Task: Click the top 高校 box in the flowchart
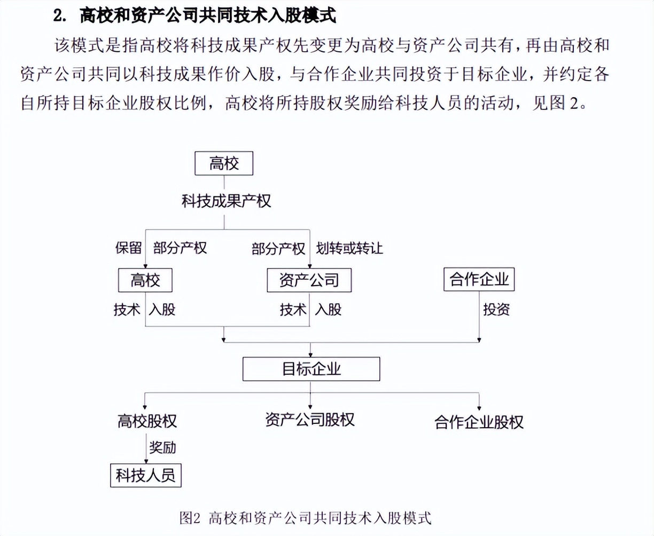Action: tap(224, 163)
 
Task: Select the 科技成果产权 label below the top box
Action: tap(226, 201)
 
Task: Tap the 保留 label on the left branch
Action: tap(128, 248)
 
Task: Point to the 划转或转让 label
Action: tap(349, 248)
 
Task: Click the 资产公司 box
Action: tap(309, 280)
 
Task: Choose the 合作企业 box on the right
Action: tap(479, 279)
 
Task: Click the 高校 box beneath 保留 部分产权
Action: tap(145, 280)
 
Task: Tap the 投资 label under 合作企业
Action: tap(496, 309)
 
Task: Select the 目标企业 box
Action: tap(311, 369)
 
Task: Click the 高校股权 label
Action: tap(147, 421)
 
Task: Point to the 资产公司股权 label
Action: tap(310, 420)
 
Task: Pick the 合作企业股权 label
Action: tap(479, 422)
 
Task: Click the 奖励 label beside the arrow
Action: tap(162, 447)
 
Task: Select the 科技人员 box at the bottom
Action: tap(146, 475)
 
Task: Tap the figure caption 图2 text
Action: tap(190, 517)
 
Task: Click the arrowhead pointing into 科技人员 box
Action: tap(146, 461)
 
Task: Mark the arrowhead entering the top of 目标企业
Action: tap(310, 354)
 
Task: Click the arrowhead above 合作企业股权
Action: tap(479, 408)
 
